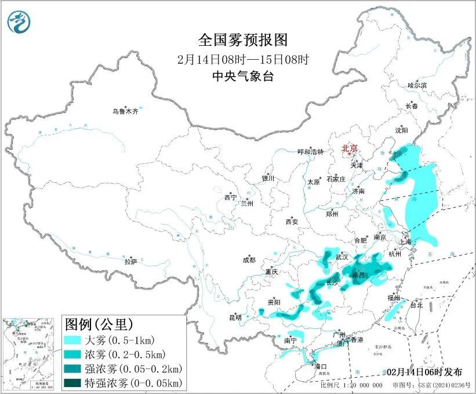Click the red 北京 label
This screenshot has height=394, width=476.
pyautogui.click(x=350, y=148)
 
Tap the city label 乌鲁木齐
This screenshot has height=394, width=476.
pyautogui.click(x=125, y=111)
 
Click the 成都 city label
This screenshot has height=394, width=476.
pyautogui.click(x=249, y=260)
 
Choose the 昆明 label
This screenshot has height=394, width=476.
pyautogui.click(x=235, y=317)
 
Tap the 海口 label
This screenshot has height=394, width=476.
pyautogui.click(x=320, y=366)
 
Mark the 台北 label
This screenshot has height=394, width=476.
pyautogui.click(x=416, y=305)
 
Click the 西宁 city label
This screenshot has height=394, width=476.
pyautogui.click(x=230, y=198)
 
